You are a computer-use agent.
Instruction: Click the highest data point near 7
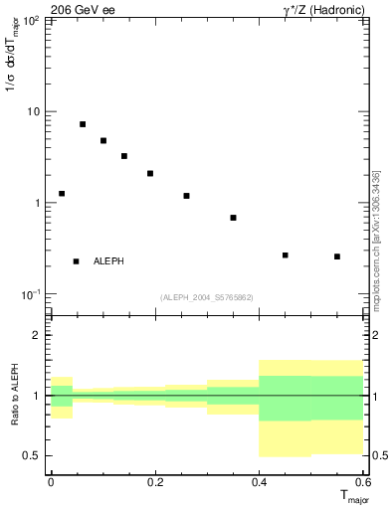coord(83,124)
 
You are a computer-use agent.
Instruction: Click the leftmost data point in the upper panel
coord(62,194)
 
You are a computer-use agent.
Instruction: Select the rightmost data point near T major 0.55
coord(337,256)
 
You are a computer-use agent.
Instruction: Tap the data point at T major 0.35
coord(233,218)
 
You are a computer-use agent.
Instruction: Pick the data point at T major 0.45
coord(286,255)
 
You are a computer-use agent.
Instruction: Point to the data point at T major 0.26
coord(186,196)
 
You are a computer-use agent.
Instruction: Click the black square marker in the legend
coord(76,261)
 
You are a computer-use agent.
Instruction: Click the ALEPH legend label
coord(108,261)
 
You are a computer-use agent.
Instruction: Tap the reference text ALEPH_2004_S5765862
coord(207,297)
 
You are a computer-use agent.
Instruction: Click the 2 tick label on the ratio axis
coord(39,336)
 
